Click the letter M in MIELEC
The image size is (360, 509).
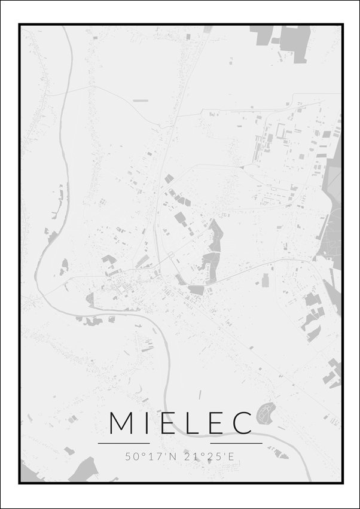tap(121, 423)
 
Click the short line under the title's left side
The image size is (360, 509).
tap(124, 443)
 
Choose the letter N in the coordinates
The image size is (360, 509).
tap(173, 456)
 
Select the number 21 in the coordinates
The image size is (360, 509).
tap(190, 456)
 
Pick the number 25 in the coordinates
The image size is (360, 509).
tap(210, 456)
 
